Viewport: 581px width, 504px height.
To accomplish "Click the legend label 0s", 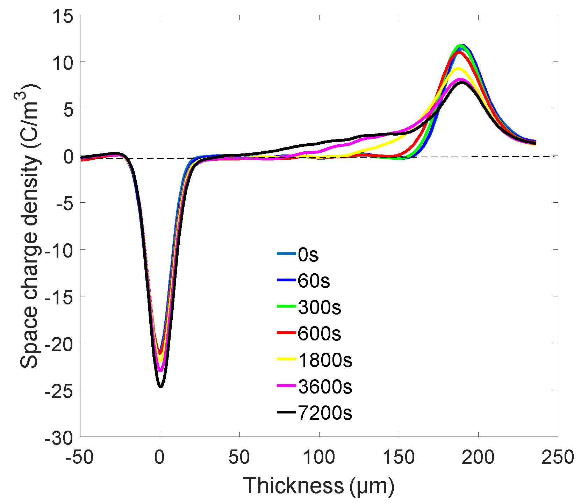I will (308, 255).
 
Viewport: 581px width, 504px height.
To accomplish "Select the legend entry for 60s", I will (314, 281).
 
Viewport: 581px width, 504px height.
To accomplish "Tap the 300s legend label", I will (319, 308).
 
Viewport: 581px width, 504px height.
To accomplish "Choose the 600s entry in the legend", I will (319, 334).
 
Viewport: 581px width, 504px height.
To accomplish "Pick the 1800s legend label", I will (325, 360).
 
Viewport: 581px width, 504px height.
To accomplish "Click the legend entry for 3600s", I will (325, 387).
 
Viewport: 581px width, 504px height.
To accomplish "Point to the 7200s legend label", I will (325, 413).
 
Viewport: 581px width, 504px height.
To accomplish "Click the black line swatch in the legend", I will (286, 413).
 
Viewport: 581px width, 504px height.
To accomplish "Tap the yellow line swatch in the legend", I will (286, 360).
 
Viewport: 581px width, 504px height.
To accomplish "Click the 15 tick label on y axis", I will (63, 16).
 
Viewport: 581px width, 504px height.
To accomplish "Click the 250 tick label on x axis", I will (557, 457).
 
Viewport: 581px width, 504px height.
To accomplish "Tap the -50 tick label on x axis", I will (80, 457).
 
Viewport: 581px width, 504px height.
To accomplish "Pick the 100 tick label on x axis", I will (319, 457).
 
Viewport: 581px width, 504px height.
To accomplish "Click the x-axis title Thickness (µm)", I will (318, 486).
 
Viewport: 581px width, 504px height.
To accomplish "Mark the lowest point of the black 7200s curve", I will (160, 387).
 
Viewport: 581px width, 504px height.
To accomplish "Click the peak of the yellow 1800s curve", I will (458, 69).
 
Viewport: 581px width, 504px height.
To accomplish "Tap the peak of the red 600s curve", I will (459, 52).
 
